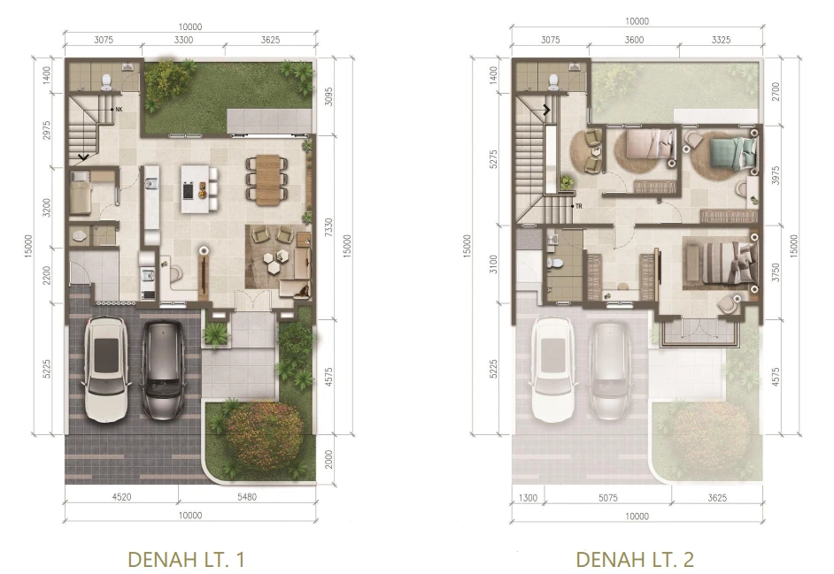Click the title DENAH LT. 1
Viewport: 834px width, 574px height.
(186, 559)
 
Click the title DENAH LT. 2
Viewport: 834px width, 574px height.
(635, 559)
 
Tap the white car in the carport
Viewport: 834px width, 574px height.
(106, 369)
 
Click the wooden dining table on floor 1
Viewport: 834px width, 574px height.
(267, 180)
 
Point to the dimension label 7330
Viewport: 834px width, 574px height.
(328, 227)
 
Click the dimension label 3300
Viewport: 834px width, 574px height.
(183, 40)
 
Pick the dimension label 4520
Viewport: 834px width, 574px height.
(122, 497)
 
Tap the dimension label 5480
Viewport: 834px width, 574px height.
(247, 497)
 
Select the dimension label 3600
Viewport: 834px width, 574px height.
(634, 40)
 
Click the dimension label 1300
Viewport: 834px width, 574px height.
(528, 498)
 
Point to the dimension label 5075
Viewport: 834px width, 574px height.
(608, 498)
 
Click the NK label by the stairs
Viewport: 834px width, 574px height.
(118, 110)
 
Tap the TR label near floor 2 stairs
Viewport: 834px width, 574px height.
(579, 206)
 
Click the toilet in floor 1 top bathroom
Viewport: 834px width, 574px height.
(106, 80)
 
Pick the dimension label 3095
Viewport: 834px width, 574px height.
(328, 96)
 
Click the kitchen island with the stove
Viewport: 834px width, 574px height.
(195, 189)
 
